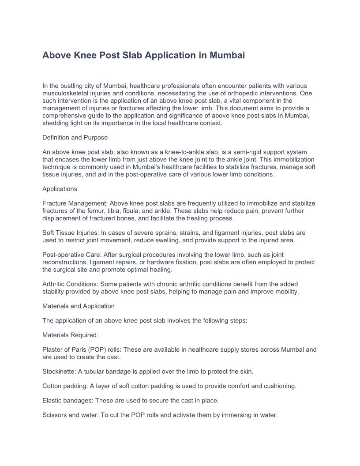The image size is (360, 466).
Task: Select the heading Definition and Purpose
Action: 75,138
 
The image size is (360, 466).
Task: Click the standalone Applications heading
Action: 60,189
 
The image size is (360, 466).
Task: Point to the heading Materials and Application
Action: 79,306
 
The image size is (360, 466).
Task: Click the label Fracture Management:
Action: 75,203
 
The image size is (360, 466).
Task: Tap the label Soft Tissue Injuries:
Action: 71,233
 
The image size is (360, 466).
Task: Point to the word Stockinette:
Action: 59,372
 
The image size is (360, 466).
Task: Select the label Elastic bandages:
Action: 67,401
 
